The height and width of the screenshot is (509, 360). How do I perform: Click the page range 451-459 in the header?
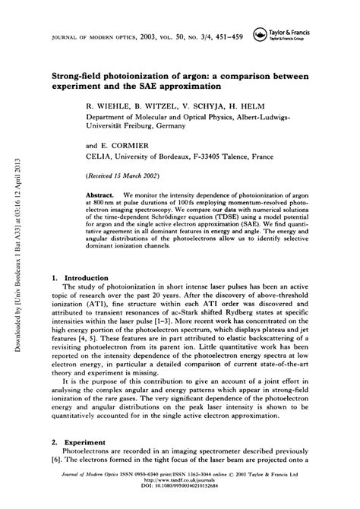point(231,36)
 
